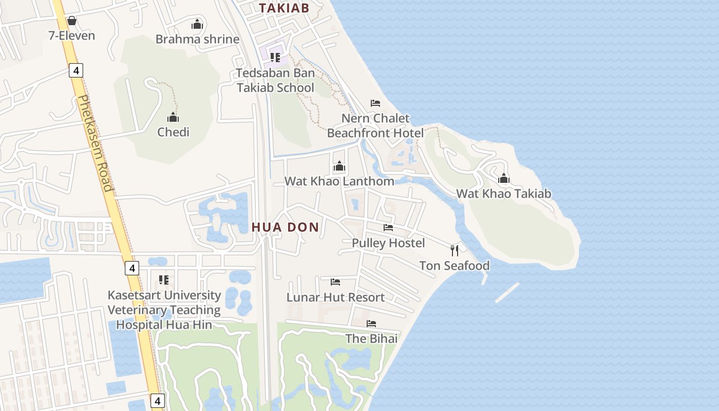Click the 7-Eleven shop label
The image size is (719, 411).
click(x=72, y=35)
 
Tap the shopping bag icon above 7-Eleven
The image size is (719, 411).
click(x=72, y=21)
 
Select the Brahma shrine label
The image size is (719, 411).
click(x=197, y=39)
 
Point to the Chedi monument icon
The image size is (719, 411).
click(x=173, y=117)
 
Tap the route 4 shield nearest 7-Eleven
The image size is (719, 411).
click(x=76, y=70)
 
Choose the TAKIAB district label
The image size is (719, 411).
click(x=284, y=8)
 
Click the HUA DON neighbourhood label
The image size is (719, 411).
click(x=285, y=227)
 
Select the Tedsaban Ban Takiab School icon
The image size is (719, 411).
click(x=275, y=57)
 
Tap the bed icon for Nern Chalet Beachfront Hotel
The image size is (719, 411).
click(x=375, y=103)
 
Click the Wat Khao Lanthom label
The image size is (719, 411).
click(x=339, y=181)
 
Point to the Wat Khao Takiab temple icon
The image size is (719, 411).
click(x=504, y=178)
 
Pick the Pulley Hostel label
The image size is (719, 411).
click(x=388, y=242)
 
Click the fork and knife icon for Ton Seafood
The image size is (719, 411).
click(x=455, y=250)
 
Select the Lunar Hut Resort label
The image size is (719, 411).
click(x=335, y=297)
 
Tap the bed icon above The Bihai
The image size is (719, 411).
click(x=371, y=324)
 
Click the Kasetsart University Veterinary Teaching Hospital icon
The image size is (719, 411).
click(x=164, y=280)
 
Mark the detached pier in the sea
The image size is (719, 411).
click(x=507, y=292)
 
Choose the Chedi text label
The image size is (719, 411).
click(x=173, y=132)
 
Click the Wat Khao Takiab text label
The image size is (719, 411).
click(x=504, y=194)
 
